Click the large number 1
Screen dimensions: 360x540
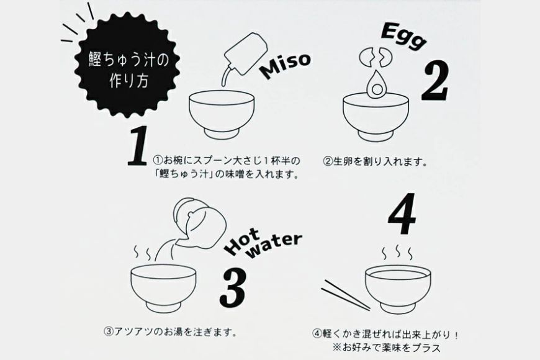tap(140, 148)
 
